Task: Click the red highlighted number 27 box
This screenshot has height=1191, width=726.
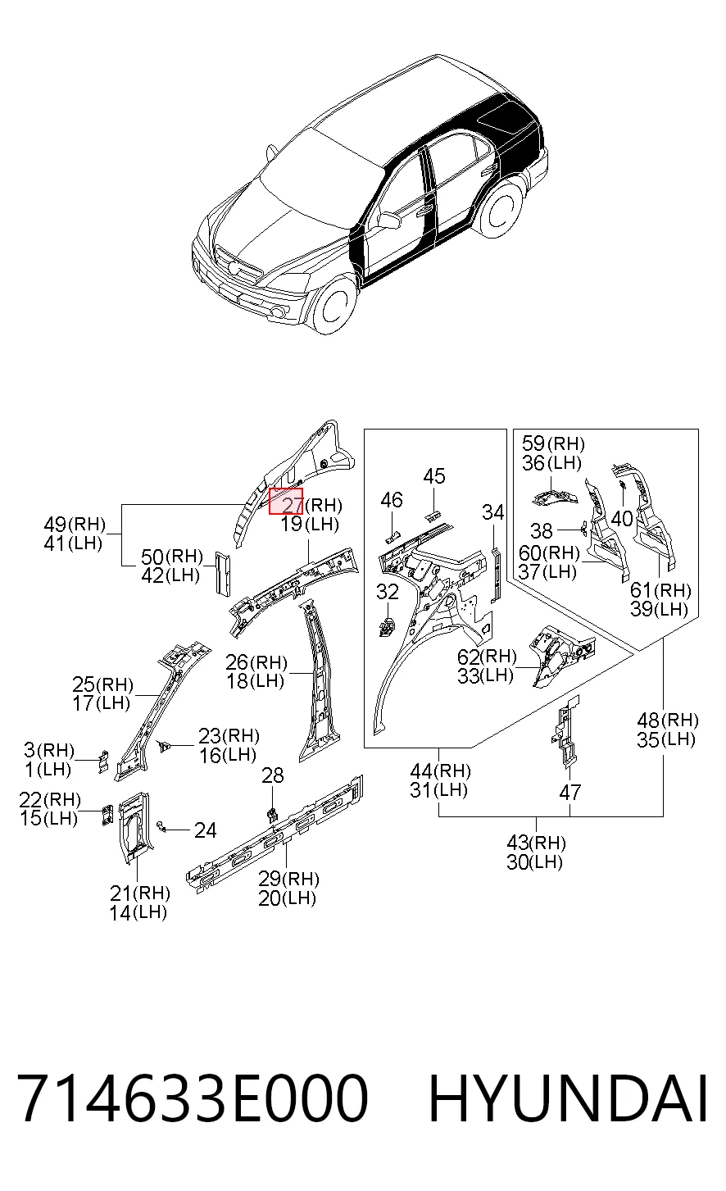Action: click(x=286, y=501)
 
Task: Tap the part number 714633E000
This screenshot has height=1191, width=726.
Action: click(x=193, y=1098)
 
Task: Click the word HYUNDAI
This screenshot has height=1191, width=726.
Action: click(x=568, y=1098)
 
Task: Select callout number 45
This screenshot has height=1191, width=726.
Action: click(x=434, y=476)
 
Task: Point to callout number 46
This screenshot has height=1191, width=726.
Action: click(x=392, y=500)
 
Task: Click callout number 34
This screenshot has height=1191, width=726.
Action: click(x=493, y=512)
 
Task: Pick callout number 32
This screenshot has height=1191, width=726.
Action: click(x=388, y=591)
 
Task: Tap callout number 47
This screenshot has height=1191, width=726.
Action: click(x=569, y=793)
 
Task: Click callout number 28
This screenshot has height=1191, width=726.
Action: click(x=273, y=775)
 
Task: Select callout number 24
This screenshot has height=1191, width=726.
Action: click(x=205, y=830)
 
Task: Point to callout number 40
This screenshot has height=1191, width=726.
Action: click(x=623, y=518)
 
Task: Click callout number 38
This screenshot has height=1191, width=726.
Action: click(x=542, y=530)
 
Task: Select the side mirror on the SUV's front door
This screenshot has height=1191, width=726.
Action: click(x=389, y=220)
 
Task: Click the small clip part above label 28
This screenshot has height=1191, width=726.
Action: click(x=272, y=813)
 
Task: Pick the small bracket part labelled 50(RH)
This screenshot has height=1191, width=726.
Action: click(x=223, y=572)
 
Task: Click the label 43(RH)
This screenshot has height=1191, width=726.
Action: click(x=536, y=842)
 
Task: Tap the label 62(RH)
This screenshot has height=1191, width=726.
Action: click(x=487, y=656)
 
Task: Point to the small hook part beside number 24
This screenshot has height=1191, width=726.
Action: click(x=161, y=825)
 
